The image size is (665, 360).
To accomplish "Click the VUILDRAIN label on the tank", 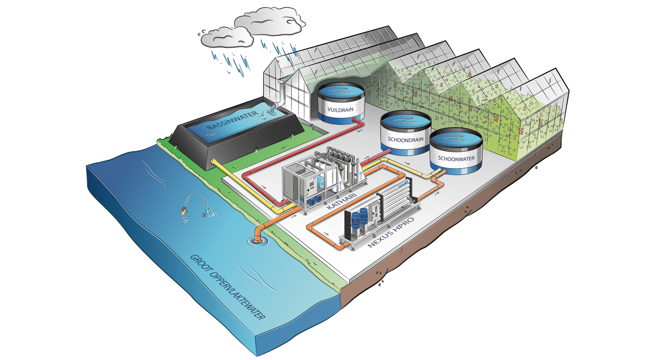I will (341, 110).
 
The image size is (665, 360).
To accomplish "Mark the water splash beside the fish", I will (205, 213).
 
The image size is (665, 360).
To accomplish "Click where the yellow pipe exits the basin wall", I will (214, 161).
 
